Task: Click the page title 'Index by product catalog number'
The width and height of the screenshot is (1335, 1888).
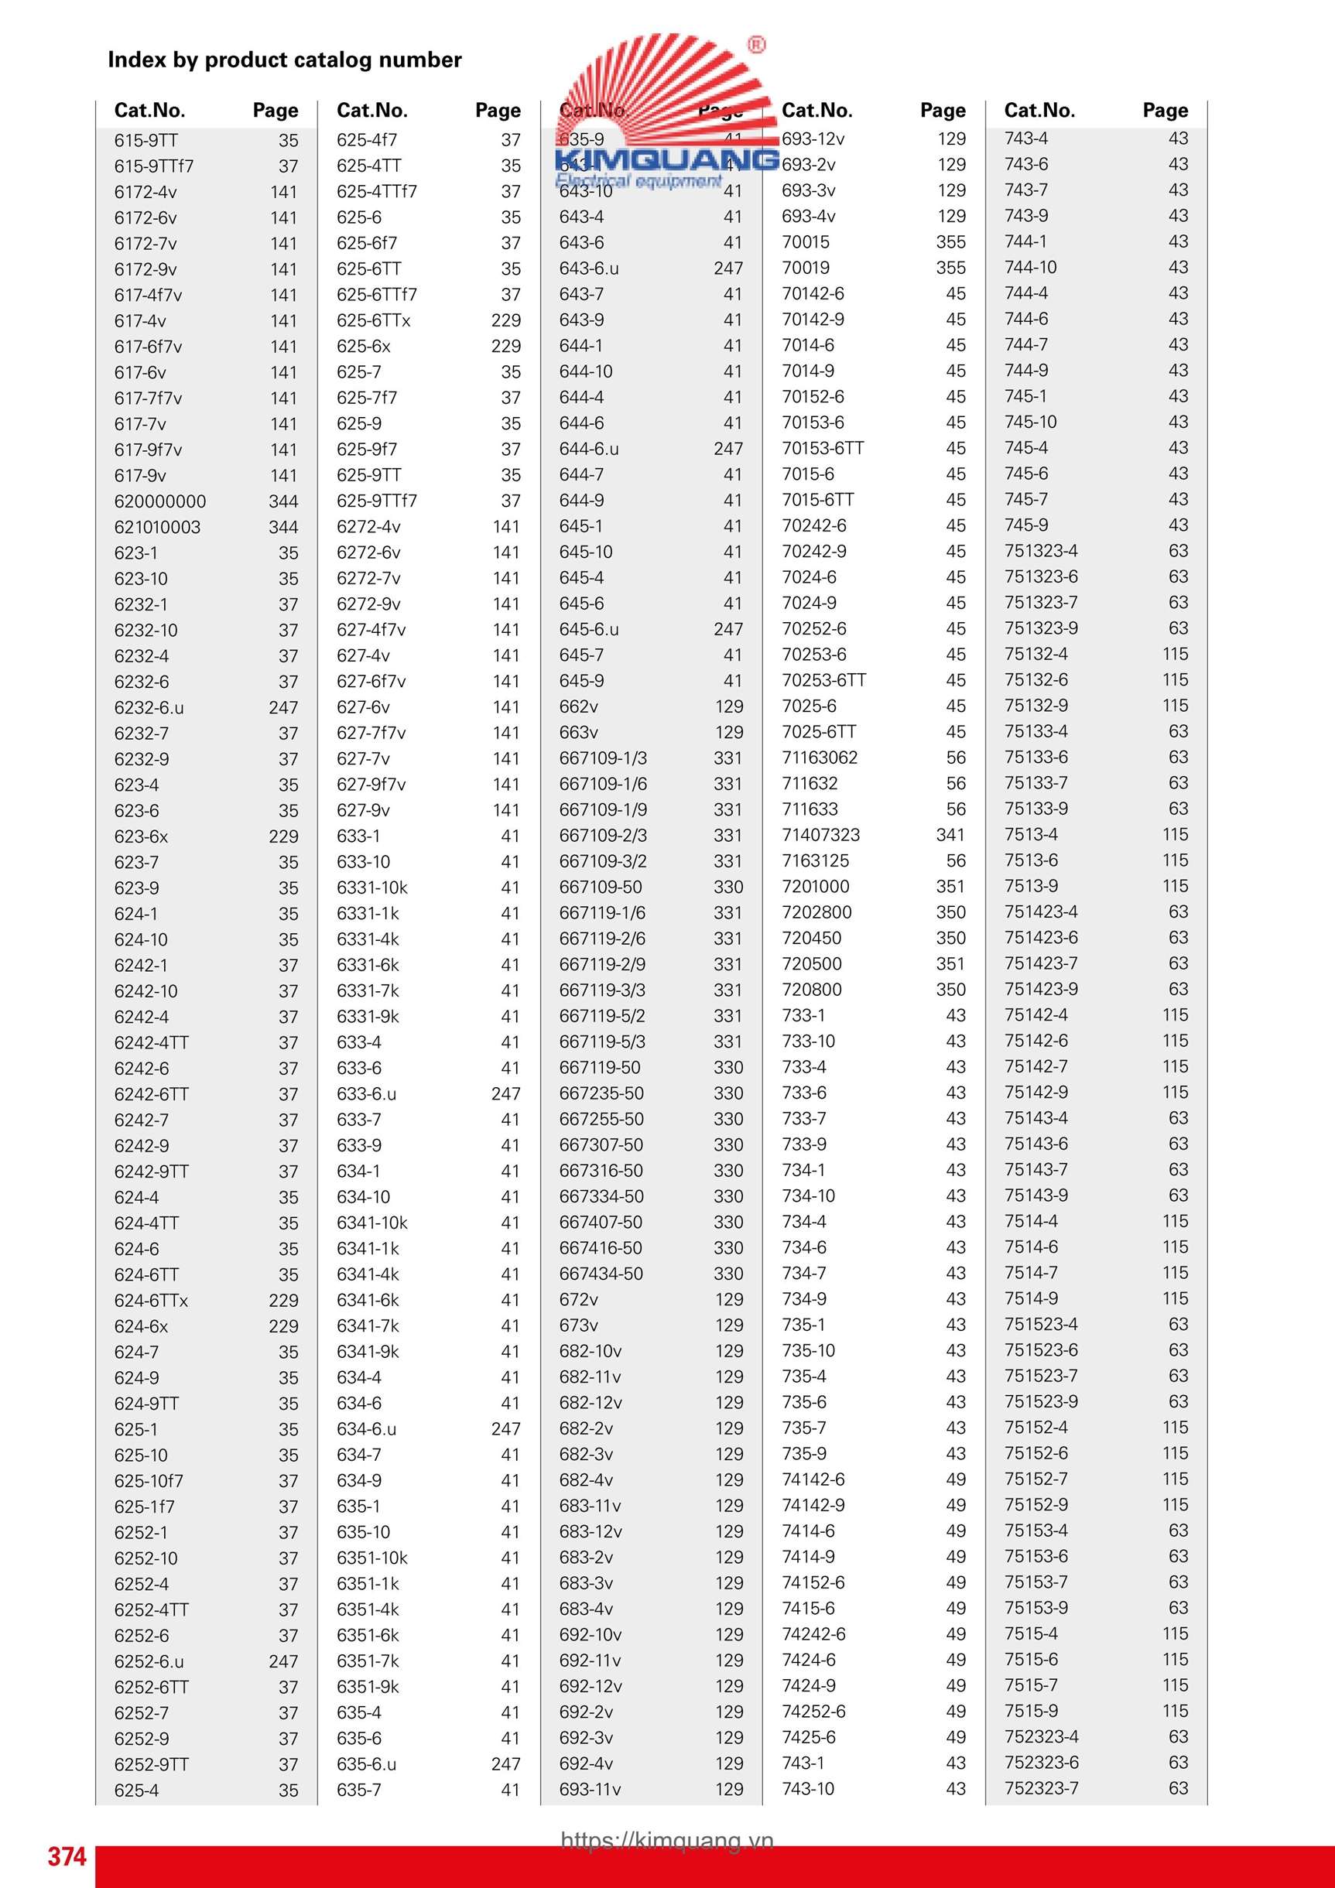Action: [x=285, y=60]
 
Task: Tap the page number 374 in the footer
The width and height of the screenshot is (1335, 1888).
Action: [x=67, y=1856]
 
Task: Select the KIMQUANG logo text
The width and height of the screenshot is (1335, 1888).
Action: [x=666, y=159]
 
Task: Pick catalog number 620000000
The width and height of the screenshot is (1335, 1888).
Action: [x=159, y=501]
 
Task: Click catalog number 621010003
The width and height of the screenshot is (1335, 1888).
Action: [x=157, y=527]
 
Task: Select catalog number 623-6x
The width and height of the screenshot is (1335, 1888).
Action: [x=141, y=836]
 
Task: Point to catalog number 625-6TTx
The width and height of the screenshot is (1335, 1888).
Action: [x=372, y=320]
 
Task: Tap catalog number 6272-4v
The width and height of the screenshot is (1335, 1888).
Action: [x=368, y=526]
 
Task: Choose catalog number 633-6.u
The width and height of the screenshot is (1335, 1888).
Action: [x=366, y=1093]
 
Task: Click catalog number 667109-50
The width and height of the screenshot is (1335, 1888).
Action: [x=601, y=888]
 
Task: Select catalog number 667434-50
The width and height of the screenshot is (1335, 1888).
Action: [x=601, y=1274]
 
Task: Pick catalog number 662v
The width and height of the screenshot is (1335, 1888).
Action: [x=578, y=706]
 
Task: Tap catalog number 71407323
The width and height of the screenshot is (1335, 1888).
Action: [x=820, y=835]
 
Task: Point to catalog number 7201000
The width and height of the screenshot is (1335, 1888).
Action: [x=815, y=887]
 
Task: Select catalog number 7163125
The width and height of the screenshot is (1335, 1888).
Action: [x=815, y=861]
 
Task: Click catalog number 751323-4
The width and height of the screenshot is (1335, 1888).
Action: [x=1041, y=551]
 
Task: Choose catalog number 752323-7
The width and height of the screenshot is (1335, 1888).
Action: [x=1041, y=1787]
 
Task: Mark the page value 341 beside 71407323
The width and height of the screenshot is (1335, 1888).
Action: [x=950, y=835]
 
